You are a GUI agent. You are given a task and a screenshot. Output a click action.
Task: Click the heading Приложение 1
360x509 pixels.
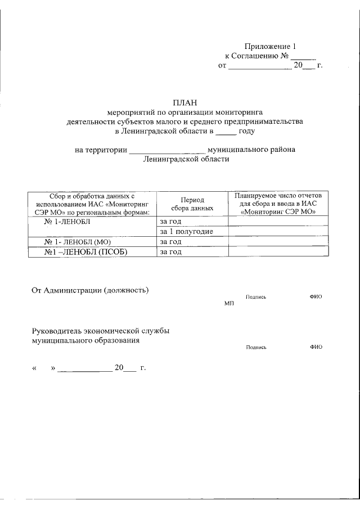point(269,46)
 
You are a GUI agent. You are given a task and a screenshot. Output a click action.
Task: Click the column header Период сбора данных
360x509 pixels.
point(192,204)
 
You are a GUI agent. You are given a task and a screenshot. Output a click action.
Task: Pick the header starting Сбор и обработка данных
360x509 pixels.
point(92,204)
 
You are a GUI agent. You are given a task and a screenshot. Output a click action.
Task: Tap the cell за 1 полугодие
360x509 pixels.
point(186,232)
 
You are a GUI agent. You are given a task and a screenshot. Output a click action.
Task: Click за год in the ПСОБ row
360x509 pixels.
point(170,252)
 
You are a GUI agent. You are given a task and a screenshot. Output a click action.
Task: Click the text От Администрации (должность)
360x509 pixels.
point(89,290)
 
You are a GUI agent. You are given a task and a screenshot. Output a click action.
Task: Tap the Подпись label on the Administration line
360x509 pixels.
point(256,296)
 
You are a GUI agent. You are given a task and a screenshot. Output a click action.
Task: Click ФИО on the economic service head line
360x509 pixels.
point(316,347)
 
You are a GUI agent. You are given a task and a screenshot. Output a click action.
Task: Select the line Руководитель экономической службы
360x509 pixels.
point(100,331)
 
